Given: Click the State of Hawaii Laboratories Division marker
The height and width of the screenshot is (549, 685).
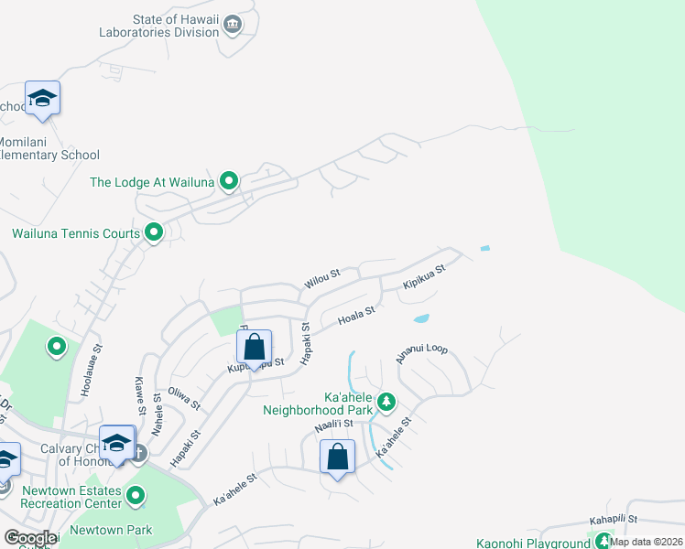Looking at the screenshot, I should pyautogui.click(x=233, y=24).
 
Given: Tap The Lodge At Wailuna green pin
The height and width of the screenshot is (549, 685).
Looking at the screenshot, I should pyautogui.click(x=229, y=181).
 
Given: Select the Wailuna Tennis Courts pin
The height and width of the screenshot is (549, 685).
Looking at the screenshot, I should pyautogui.click(x=154, y=232).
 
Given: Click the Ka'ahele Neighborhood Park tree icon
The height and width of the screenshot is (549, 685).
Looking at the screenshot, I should pyautogui.click(x=386, y=401).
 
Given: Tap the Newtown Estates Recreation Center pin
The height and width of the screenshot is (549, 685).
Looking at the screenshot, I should pyautogui.click(x=136, y=497).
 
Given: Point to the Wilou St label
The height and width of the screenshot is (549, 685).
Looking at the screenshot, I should pyautogui.click(x=322, y=279).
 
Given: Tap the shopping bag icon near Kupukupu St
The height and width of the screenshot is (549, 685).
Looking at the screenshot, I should pyautogui.click(x=254, y=347).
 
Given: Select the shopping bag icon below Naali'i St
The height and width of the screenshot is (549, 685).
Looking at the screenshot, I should pyautogui.click(x=337, y=456).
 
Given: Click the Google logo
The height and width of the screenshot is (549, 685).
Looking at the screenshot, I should pyautogui.click(x=30, y=538).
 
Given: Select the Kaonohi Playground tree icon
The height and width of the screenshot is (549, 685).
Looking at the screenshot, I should pyautogui.click(x=603, y=544).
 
